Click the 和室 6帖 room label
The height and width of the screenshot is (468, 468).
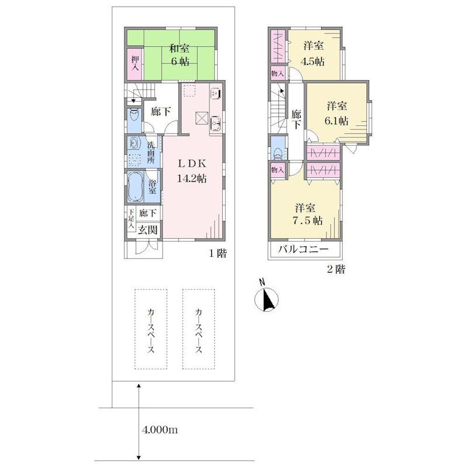[180, 55]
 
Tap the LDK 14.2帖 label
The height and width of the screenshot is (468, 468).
[192, 171]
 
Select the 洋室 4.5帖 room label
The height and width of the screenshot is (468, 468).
[312, 54]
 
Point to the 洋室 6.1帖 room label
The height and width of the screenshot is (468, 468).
[336, 113]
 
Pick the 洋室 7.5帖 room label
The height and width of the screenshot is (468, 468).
[308, 214]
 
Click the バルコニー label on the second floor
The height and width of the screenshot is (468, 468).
[303, 249]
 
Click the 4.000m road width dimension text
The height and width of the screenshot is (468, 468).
[160, 430]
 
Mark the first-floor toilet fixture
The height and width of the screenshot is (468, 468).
[135, 115]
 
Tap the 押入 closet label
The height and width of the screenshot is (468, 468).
[135, 64]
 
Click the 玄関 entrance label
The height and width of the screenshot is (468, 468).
[148, 230]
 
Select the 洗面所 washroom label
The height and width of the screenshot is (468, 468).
[151, 152]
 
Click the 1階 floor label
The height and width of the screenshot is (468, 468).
[218, 254]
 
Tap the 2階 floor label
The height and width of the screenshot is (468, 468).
[336, 270]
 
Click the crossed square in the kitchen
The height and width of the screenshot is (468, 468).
[201, 118]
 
